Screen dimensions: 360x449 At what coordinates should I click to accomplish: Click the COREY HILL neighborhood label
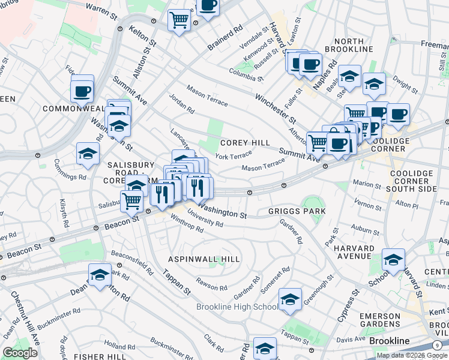[245, 143]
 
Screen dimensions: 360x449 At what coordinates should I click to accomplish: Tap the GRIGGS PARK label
[297, 211]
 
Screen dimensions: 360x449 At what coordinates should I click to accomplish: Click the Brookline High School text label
[237, 307]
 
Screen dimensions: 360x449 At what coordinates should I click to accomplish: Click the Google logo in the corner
[20, 352]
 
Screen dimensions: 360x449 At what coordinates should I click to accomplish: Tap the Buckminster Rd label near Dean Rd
[59, 319]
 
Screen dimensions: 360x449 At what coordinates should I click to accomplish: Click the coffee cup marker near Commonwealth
[82, 91]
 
